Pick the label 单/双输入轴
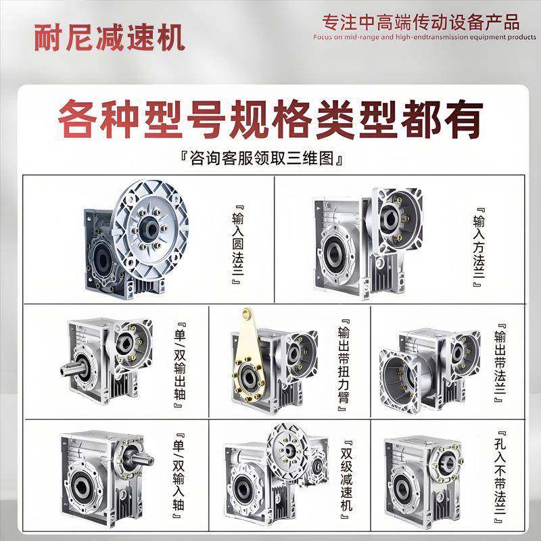pyautogui.click(x=179, y=476)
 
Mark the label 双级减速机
pyautogui.click(x=344, y=476)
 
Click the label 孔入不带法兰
pyautogui.click(x=500, y=476)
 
